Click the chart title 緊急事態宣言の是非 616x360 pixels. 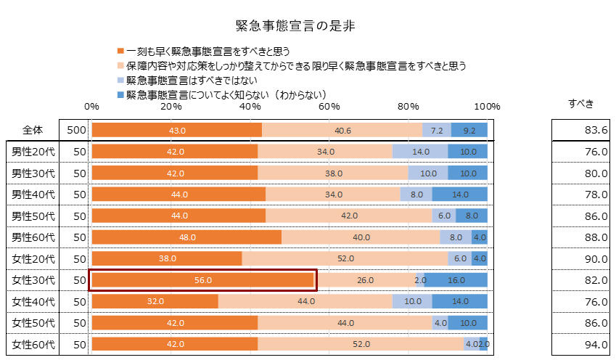(295, 26)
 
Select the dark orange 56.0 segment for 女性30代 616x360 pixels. (203, 280)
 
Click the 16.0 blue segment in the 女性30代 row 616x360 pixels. (456, 280)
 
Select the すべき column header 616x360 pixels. (580, 103)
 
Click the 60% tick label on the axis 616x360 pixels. (329, 107)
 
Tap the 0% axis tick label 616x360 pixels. (91, 107)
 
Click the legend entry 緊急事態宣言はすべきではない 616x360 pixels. (192, 81)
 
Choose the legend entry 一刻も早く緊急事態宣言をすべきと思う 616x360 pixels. (208, 52)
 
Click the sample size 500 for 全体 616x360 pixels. (75, 131)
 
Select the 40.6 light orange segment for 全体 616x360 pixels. (342, 131)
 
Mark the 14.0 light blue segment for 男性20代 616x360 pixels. (420, 152)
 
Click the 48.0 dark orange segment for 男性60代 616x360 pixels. (187, 237)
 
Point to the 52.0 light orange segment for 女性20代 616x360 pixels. (345, 258)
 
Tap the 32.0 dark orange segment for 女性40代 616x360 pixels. (155, 301)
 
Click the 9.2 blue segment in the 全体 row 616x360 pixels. (469, 131)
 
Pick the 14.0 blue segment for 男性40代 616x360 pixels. (460, 195)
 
